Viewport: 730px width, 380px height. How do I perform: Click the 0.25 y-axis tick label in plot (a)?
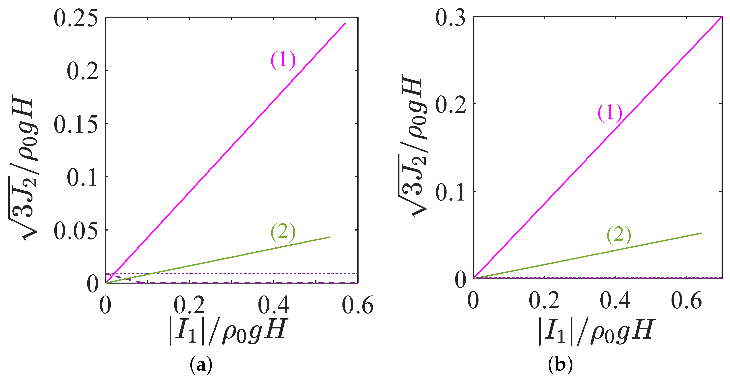[x=76, y=19]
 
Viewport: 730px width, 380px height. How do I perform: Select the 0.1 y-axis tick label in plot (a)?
[x=83, y=178]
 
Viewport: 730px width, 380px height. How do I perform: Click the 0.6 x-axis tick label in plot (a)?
[x=358, y=305]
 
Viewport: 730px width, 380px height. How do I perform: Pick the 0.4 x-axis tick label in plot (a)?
[x=274, y=305]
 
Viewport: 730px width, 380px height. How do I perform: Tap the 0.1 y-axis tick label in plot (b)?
[x=450, y=193]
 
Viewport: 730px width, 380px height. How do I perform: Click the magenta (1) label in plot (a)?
[x=283, y=60]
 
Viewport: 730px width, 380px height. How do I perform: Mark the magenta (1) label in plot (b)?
[x=610, y=113]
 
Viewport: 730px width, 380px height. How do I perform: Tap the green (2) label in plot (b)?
[x=619, y=235]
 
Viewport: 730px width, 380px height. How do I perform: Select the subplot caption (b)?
[x=560, y=365]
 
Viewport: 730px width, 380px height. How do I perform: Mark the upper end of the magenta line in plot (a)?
[x=345, y=23]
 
